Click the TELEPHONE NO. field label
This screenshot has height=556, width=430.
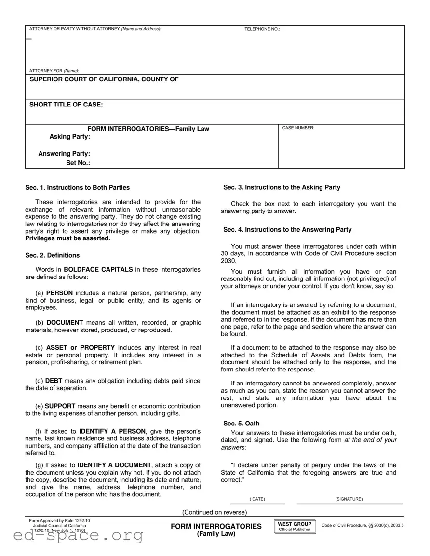click(262, 29)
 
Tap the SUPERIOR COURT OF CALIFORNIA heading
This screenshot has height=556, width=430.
click(104, 79)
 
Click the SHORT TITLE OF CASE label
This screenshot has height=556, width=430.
click(66, 105)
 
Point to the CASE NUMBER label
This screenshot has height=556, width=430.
click(298, 128)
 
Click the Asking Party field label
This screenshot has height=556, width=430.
click(70, 137)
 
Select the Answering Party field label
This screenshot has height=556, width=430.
click(64, 154)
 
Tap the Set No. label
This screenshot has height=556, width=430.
click(78, 163)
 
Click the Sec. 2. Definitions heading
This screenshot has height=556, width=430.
click(53, 255)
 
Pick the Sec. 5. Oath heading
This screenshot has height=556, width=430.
click(241, 424)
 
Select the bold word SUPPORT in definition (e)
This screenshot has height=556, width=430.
click(60, 406)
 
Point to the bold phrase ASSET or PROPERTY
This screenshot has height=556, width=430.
click(81, 347)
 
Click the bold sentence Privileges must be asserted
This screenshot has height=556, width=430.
click(67, 238)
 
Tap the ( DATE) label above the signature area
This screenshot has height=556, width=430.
click(257, 499)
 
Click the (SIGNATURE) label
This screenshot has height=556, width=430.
click(349, 499)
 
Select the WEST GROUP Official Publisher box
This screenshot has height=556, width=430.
click(295, 526)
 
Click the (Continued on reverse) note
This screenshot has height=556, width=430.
click(215, 512)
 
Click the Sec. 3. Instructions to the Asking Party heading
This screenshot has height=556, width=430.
click(282, 187)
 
